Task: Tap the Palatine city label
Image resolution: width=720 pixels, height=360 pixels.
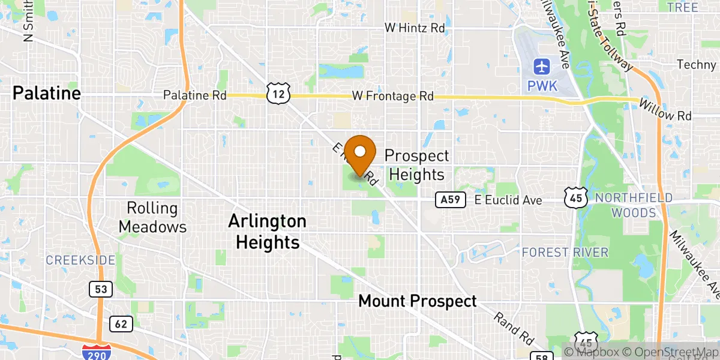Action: (46, 93)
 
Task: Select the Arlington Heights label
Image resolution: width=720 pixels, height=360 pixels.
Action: (267, 232)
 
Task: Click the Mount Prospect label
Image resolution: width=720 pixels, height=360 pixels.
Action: (418, 301)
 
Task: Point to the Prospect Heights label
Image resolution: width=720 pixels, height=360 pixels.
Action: (416, 165)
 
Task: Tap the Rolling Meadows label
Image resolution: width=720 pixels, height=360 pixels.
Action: (152, 217)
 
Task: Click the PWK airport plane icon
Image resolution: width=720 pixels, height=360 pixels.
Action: (542, 65)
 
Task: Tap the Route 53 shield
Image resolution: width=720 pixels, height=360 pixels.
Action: (100, 290)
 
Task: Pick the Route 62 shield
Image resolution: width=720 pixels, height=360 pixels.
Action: (121, 325)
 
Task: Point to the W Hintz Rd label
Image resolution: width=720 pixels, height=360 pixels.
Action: (415, 28)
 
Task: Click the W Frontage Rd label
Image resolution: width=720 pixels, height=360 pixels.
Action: (392, 95)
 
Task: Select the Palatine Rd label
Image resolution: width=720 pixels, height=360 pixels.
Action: (195, 95)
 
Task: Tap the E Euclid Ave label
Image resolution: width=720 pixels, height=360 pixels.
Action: (508, 200)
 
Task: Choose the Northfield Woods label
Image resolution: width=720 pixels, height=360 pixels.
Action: (634, 205)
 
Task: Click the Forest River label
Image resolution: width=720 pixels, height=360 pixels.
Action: (565, 252)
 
